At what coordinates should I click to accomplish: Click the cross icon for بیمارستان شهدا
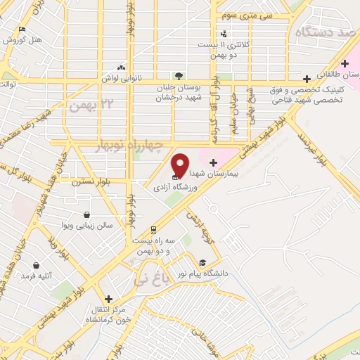[x=213, y=162]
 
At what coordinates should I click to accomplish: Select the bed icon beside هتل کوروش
[x=22, y=30]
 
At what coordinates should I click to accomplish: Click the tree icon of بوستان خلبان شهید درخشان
[x=179, y=75]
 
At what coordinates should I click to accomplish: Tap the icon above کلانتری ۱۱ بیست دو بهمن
[x=224, y=33]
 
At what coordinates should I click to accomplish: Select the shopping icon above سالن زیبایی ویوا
[x=86, y=214]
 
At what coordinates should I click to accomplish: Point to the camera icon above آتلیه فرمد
[x=36, y=266]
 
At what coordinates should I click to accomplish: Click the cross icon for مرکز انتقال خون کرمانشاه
[x=108, y=298]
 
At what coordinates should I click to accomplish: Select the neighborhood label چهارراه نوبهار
[x=129, y=146]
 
